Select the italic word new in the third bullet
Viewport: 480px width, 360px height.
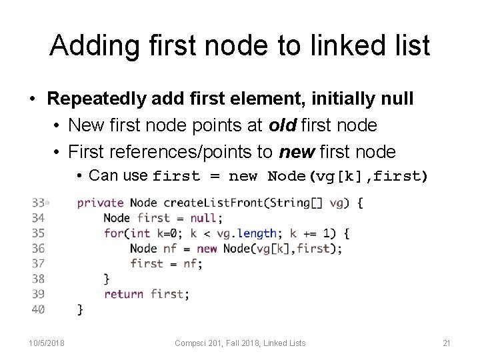pyautogui.click(x=296, y=152)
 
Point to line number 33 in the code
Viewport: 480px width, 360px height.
pyautogui.click(x=37, y=203)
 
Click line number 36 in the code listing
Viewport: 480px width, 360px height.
pyautogui.click(x=38, y=248)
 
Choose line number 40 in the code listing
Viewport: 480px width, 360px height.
pyautogui.click(x=38, y=309)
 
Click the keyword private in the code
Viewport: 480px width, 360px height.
pyautogui.click(x=101, y=203)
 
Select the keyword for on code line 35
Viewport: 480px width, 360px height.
pyautogui.click(x=112, y=233)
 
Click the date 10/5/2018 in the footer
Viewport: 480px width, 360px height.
pyautogui.click(x=46, y=343)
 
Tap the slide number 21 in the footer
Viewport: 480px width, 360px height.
pyautogui.click(x=447, y=343)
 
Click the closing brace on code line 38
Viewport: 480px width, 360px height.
pyautogui.click(x=106, y=278)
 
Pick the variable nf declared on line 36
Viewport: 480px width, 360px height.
pyautogui.click(x=169, y=248)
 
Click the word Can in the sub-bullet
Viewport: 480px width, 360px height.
pyautogui.click(x=102, y=175)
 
